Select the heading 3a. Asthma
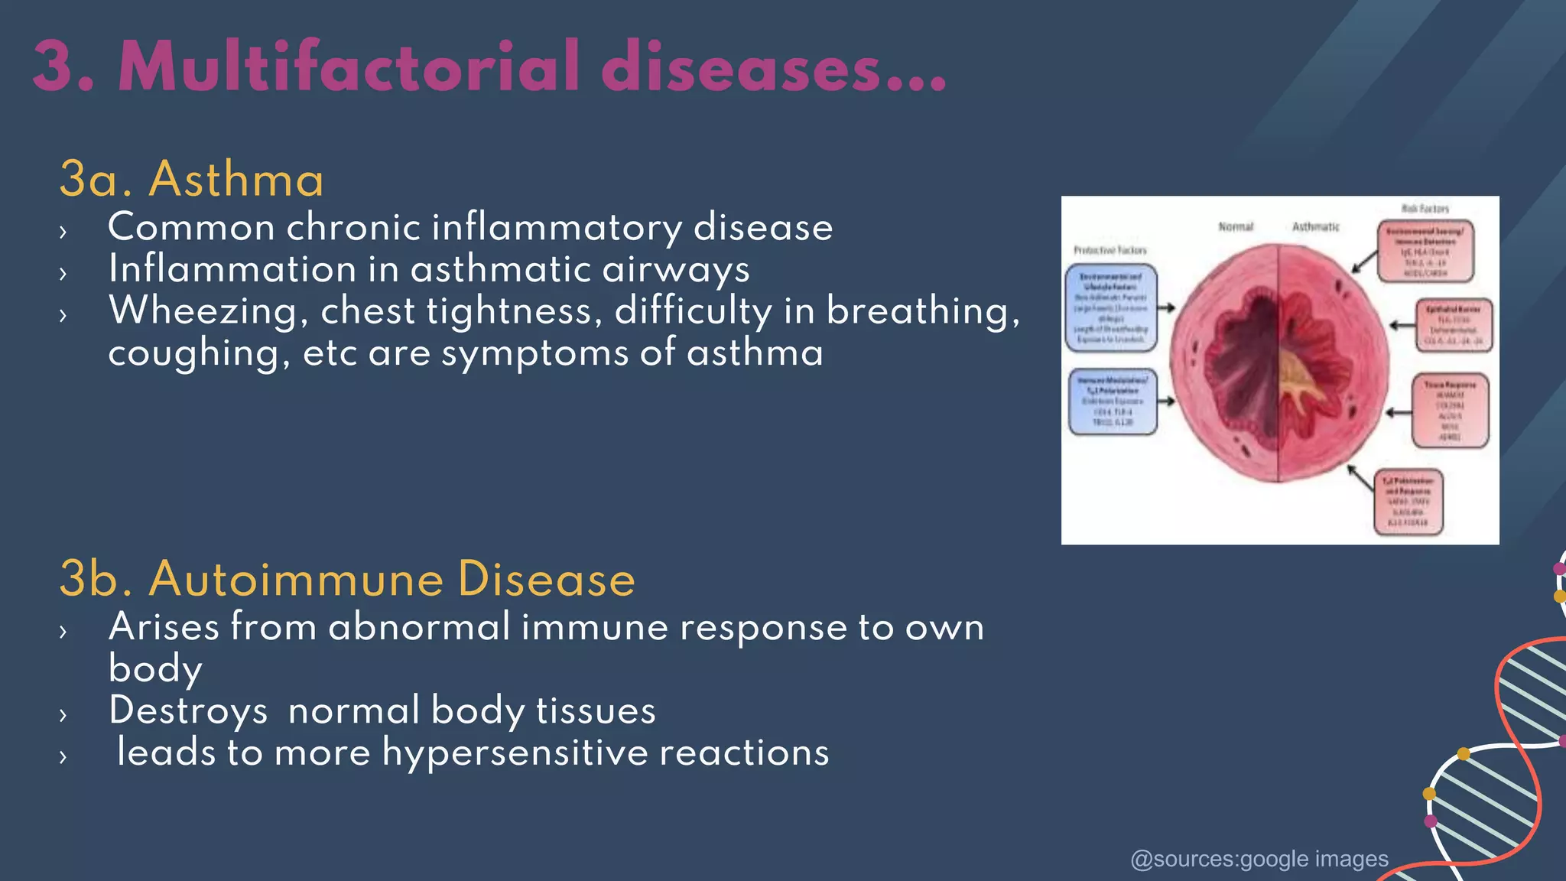[x=191, y=180]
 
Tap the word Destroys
[x=188, y=710]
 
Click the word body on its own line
[x=155, y=668]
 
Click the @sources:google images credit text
[x=1259, y=859]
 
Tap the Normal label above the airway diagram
[x=1236, y=226]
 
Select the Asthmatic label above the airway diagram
[x=1315, y=226]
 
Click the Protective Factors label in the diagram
[x=1110, y=250]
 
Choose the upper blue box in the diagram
[x=1111, y=308]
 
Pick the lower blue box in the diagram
[x=1112, y=401]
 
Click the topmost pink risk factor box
[x=1425, y=251]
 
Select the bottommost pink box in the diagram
[x=1408, y=502]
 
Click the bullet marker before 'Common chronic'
[x=63, y=231]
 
